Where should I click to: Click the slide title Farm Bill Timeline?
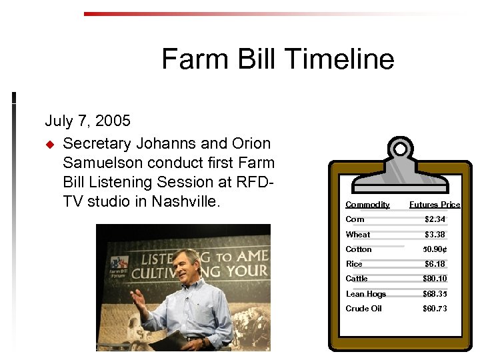coord(277,59)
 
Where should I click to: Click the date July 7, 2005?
coord(87,121)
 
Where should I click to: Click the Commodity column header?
coord(367,205)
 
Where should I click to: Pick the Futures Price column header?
coord(434,205)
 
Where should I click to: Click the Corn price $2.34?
coord(435,219)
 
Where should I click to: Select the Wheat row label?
coord(357,235)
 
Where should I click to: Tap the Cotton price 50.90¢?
coord(435,249)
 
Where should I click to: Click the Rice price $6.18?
coord(435,264)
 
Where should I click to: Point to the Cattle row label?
coord(356,279)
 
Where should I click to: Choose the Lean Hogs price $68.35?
coord(435,294)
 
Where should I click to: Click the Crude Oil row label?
coord(363,309)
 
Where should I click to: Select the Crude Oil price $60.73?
coord(435,309)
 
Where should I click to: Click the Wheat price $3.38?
coord(435,235)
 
